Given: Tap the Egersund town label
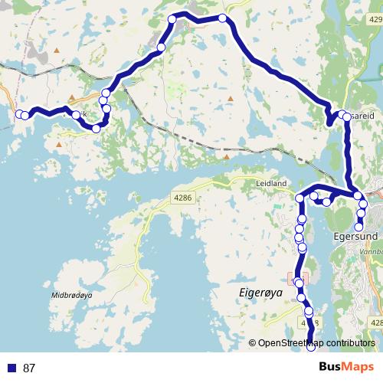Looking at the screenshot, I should point(358,237).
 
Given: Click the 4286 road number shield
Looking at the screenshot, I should point(183,198).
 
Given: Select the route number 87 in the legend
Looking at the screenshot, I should point(30,368).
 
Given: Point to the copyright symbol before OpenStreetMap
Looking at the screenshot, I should point(252,344).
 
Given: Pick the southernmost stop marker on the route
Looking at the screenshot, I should point(311,349).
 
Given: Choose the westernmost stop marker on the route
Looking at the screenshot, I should point(19,114).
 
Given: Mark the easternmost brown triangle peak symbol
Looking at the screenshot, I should point(231,98).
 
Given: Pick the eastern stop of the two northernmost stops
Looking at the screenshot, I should point(222,18).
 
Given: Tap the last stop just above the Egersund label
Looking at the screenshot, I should point(358,225).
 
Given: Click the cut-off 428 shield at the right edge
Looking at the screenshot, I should point(376,322).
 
